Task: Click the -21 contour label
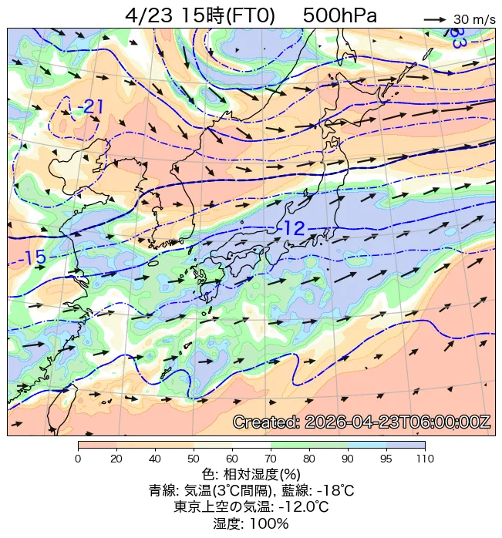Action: click(x=90, y=107)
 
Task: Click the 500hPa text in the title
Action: click(x=339, y=15)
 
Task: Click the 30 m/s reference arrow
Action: click(x=435, y=18)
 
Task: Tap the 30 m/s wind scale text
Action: click(x=474, y=19)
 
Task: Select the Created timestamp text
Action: click(x=361, y=422)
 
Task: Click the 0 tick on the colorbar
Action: click(x=78, y=459)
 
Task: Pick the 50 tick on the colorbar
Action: click(x=194, y=459)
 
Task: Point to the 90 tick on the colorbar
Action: click(x=348, y=459)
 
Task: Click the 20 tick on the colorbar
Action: click(x=116, y=459)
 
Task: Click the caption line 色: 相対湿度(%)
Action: click(x=251, y=474)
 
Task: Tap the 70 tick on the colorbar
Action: click(x=271, y=459)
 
